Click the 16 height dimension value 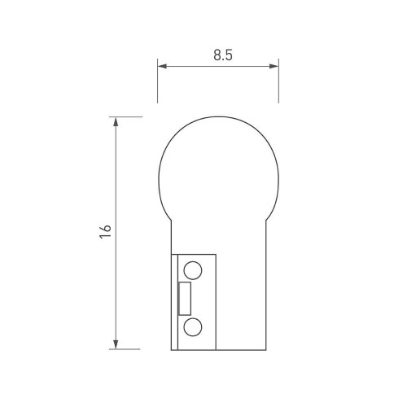click(x=104, y=231)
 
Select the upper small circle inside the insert click(x=193, y=270)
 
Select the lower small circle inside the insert click(x=193, y=327)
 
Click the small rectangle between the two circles click(x=186, y=299)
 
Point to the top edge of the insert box click(x=195, y=255)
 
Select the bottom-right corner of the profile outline click(x=265, y=349)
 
